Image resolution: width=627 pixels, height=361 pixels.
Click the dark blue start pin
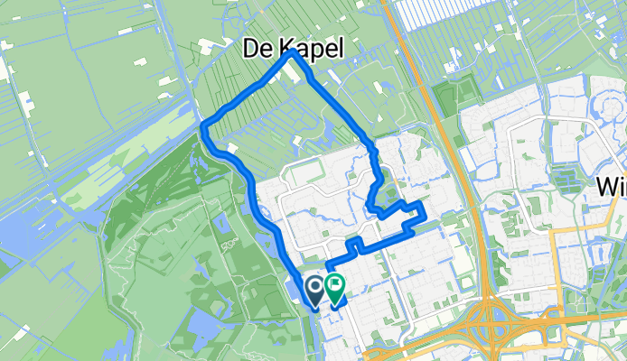click(x=315, y=290)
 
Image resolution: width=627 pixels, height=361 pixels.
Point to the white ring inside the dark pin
click(x=315, y=288)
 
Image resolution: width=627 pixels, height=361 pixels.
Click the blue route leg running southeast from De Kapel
click(x=334, y=99)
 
